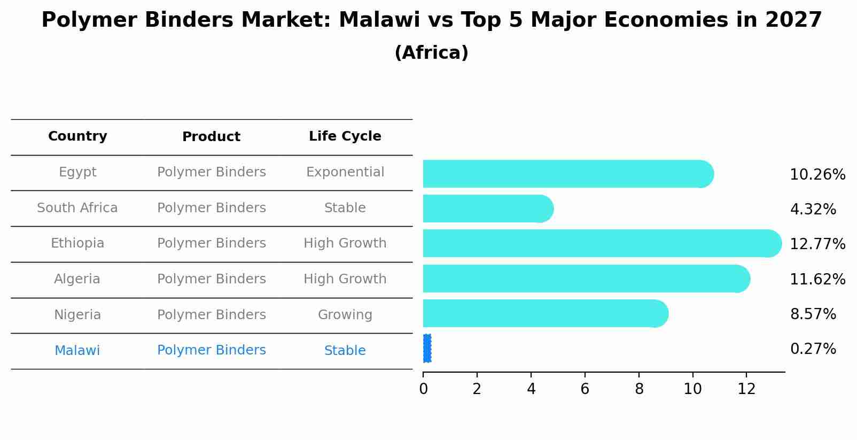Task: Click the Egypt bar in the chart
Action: point(568,174)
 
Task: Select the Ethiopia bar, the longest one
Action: point(602,244)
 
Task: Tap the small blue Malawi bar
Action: point(427,349)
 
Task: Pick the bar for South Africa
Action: point(488,209)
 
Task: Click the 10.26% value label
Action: point(817,175)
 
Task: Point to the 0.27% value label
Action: point(813,349)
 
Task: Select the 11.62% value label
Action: point(817,279)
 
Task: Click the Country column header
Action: point(77,136)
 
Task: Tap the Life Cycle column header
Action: point(345,136)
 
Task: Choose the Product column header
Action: point(211,137)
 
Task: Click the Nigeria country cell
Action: point(77,314)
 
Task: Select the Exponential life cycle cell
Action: point(345,172)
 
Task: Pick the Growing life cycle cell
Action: point(345,315)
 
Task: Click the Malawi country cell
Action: point(77,350)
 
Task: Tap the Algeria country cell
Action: point(77,279)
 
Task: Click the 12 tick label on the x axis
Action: point(746,389)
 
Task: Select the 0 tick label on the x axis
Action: point(423,389)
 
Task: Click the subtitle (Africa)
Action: point(432,52)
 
